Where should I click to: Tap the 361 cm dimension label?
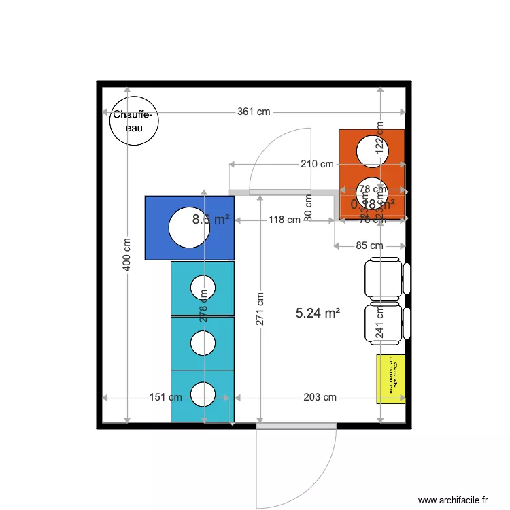(254, 112)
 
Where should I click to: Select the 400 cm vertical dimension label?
(127, 254)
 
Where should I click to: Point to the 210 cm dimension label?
(318, 164)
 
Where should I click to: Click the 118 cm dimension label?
(284, 220)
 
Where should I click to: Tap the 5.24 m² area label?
(318, 313)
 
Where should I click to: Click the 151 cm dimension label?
(165, 397)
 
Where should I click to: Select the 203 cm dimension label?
(320, 397)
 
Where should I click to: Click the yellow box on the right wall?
(390, 378)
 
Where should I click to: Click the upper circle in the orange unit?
(373, 150)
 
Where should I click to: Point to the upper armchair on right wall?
(385, 277)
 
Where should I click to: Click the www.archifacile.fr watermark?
(453, 500)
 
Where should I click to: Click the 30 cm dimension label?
(308, 207)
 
